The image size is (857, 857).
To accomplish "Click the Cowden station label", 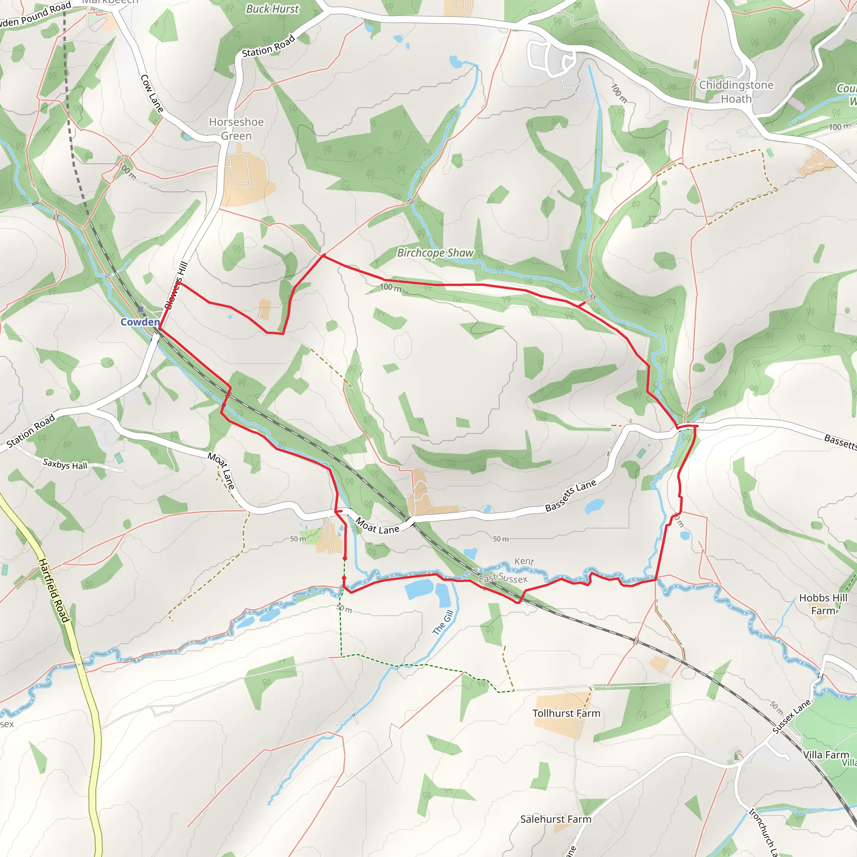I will point(140,322).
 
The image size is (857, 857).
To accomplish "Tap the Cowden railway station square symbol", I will point(141,309).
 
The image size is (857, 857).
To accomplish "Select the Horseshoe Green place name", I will point(236,128).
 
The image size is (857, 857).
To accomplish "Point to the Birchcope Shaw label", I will point(435,253).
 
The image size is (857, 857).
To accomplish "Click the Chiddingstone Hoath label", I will point(736,92).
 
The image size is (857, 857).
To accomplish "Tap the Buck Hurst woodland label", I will point(272,9).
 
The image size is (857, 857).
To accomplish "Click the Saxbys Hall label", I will point(65,464).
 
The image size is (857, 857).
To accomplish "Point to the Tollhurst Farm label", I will point(566,713).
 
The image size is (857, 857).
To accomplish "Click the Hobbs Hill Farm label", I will point(823,604).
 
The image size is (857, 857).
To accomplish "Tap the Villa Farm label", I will point(826,754).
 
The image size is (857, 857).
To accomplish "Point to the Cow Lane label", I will point(152,93).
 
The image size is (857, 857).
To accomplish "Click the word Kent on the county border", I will point(524,561).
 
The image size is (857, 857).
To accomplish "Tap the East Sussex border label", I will point(503,578).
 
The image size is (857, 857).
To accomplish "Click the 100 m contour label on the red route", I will point(390,287).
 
